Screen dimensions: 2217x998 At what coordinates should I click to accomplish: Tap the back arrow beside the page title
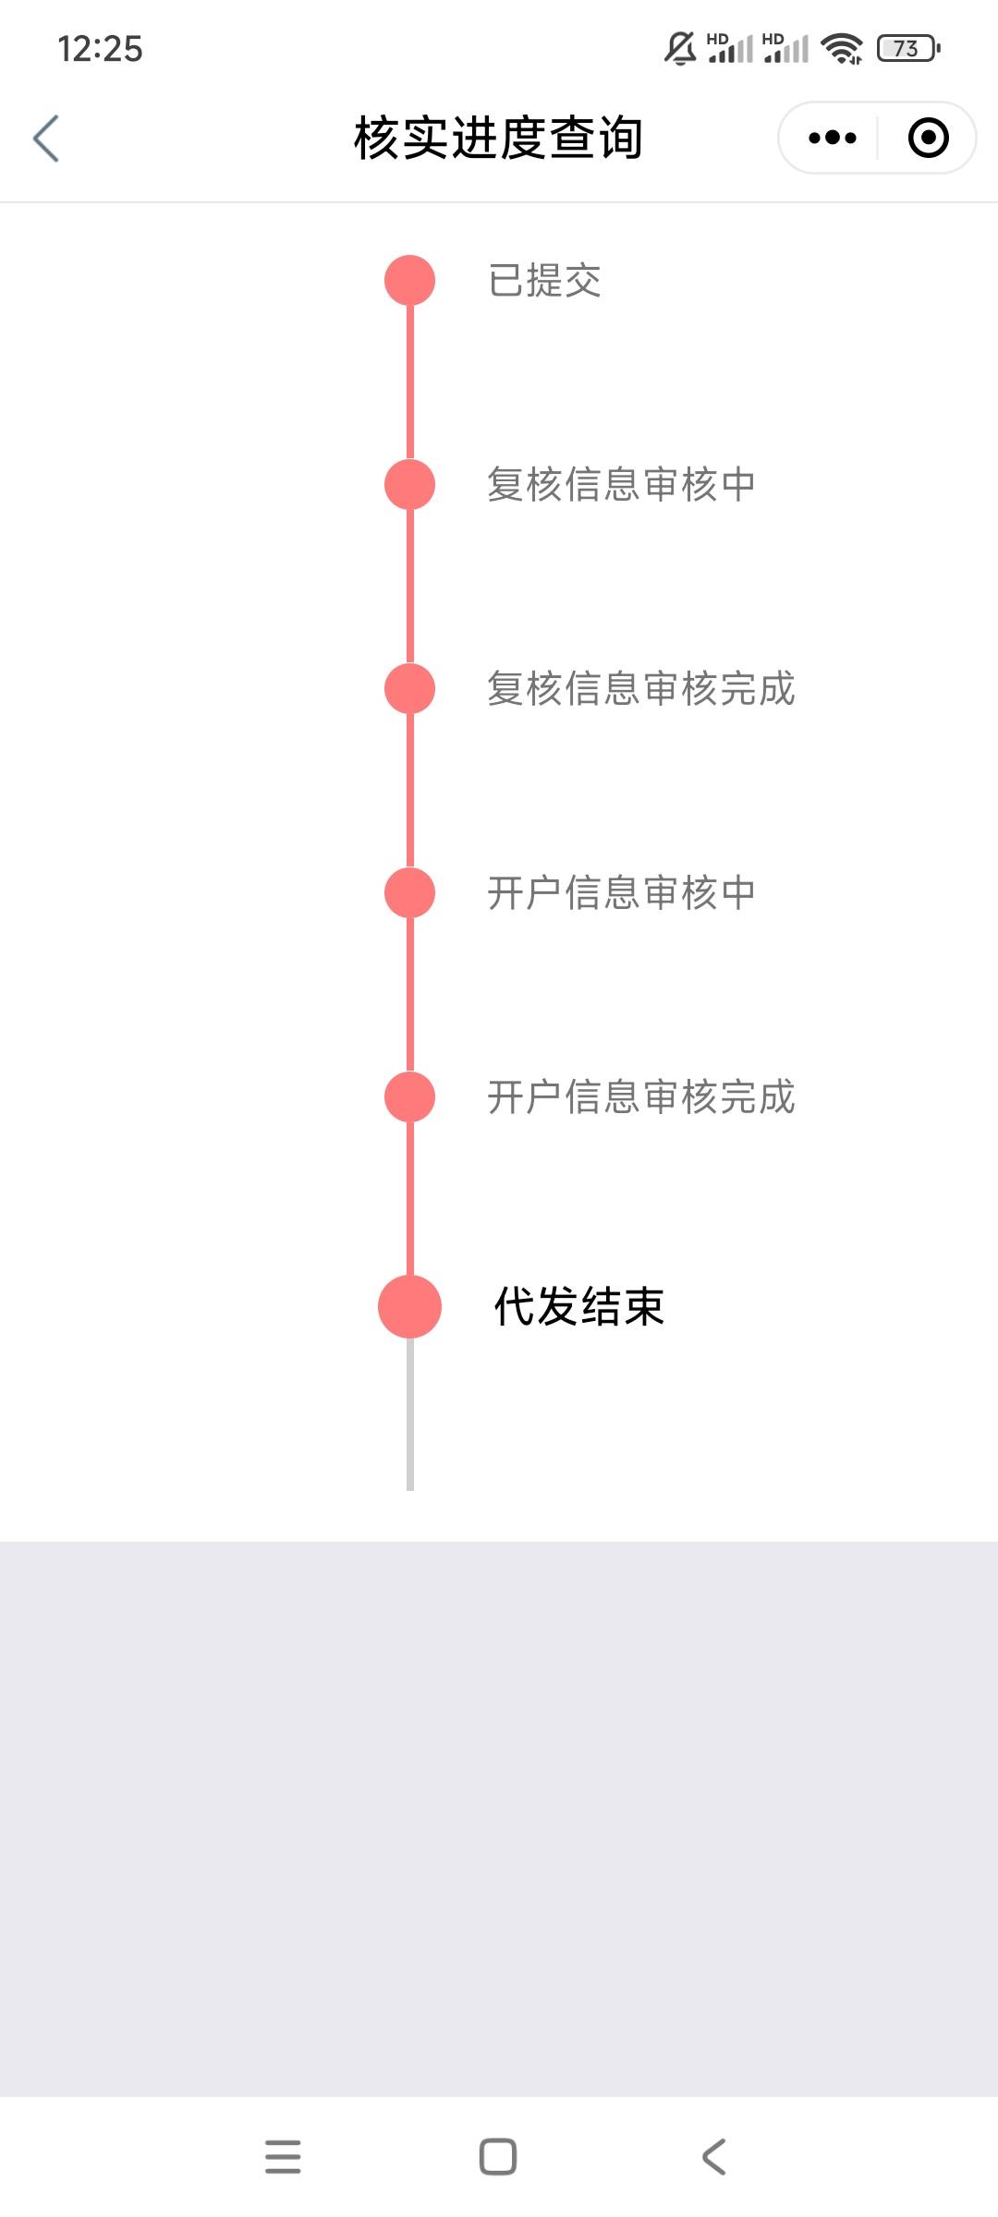(x=46, y=139)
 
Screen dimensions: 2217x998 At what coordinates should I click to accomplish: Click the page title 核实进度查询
(x=498, y=139)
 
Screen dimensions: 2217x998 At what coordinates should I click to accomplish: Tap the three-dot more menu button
(x=832, y=139)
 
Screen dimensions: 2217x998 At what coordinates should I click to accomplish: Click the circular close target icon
(x=928, y=139)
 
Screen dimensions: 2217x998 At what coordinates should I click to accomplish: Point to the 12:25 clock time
(x=100, y=49)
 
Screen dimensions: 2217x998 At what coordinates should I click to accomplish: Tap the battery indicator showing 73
(x=907, y=48)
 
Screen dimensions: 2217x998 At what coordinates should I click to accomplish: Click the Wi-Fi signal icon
(x=842, y=48)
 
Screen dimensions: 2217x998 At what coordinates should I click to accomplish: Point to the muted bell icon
(x=680, y=48)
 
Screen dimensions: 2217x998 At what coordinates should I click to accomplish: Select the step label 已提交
(x=544, y=281)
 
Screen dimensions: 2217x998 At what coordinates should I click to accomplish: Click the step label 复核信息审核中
(x=621, y=485)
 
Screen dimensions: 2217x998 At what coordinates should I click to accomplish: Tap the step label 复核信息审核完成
(x=640, y=689)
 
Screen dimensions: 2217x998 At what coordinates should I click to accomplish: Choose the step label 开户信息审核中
(x=621, y=893)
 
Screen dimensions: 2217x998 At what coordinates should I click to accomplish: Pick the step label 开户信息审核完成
(x=640, y=1097)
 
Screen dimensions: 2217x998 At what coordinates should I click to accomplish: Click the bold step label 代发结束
(x=579, y=1307)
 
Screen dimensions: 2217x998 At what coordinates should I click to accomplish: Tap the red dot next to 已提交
(x=409, y=281)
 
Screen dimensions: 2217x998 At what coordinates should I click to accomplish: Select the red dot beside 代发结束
(x=409, y=1307)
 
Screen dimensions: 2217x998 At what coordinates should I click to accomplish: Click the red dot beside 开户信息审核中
(x=409, y=893)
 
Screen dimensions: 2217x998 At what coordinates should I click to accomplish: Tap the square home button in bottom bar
(x=498, y=2157)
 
